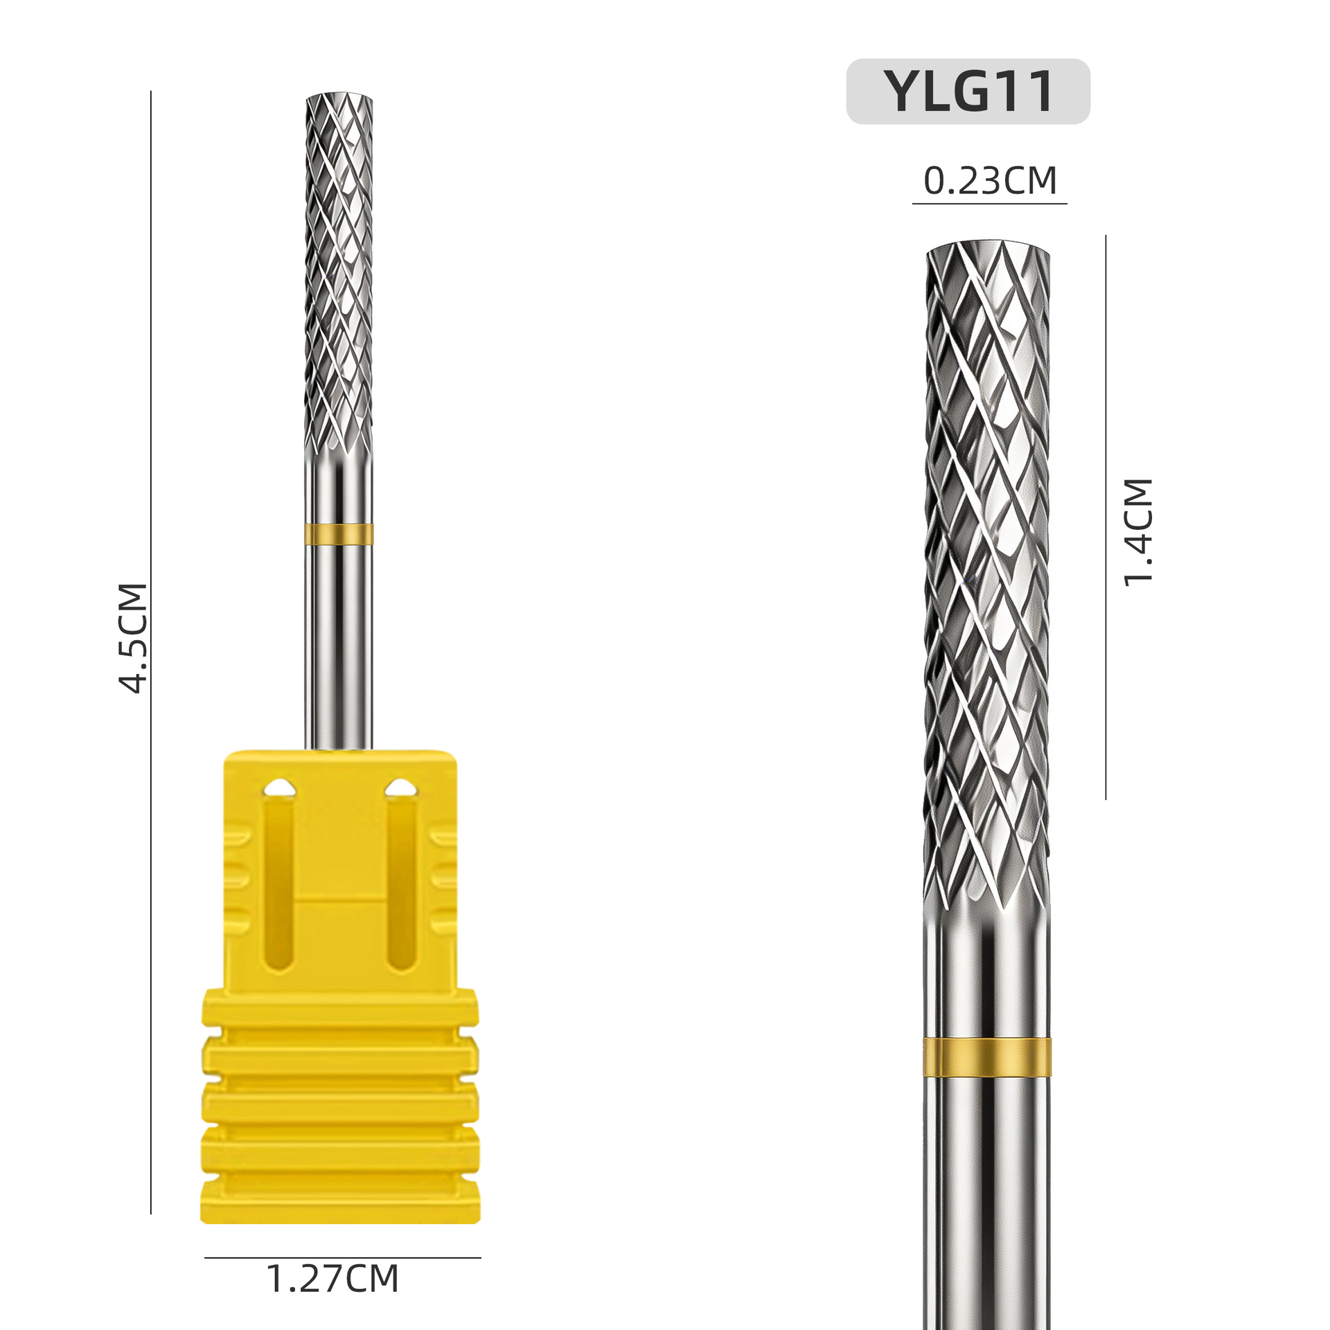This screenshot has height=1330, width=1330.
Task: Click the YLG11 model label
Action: click(x=969, y=91)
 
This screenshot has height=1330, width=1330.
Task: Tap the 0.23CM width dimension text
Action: click(x=990, y=181)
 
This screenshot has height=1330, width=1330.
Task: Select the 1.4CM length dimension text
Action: click(x=1138, y=532)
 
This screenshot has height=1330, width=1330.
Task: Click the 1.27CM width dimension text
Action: click(x=332, y=1279)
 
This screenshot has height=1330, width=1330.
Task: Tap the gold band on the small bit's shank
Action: click(x=339, y=534)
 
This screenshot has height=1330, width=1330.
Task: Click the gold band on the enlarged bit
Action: click(x=987, y=1058)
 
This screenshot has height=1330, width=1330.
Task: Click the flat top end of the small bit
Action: click(x=339, y=96)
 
